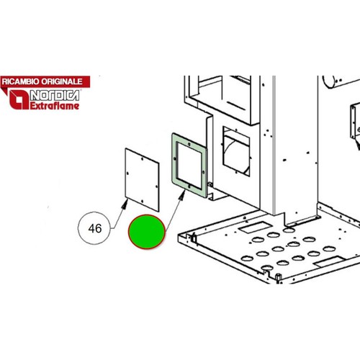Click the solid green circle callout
[147, 231]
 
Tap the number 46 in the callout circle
[95, 228]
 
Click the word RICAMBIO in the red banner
[21, 81]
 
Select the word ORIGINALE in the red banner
[62, 81]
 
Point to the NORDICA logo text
[55, 96]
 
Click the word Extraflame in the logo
[55, 106]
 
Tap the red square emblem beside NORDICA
[19, 99]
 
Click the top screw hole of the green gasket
[189, 144]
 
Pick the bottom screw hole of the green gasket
[189, 186]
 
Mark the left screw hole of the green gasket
[175, 158]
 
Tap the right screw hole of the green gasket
[204, 171]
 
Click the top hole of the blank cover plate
[142, 159]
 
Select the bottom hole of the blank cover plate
[142, 201]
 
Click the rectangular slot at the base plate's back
[256, 226]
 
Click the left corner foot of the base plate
[193, 239]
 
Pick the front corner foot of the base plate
[278, 277]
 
